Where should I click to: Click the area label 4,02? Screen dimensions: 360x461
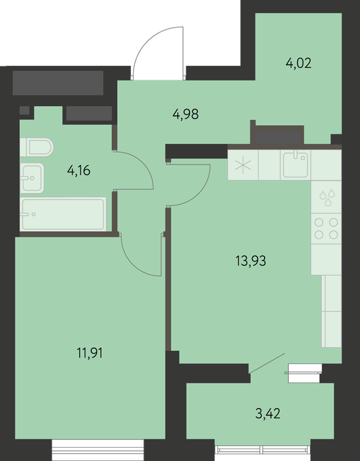tap(298, 63)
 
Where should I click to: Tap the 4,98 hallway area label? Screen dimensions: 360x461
tap(186, 114)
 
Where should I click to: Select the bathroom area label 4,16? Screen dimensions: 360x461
tap(79, 170)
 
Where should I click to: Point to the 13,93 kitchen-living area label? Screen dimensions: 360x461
tap(251, 261)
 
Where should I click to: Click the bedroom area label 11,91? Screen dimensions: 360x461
tap(90, 353)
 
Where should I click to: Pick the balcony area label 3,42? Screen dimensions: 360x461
tap(268, 414)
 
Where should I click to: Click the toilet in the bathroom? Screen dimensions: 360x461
tap(37, 147)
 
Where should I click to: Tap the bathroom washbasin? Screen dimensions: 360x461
tap(32, 178)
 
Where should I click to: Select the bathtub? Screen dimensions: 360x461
tap(63, 214)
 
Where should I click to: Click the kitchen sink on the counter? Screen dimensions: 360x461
tap(296, 165)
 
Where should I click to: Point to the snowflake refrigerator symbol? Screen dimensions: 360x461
tap(243, 165)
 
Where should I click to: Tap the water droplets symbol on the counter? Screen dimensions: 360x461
tap(327, 198)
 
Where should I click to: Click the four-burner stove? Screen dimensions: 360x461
tap(326, 229)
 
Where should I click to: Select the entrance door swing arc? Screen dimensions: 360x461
tap(147, 41)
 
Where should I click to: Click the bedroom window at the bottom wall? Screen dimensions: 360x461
tap(98, 450)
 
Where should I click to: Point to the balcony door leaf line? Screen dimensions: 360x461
tap(267, 364)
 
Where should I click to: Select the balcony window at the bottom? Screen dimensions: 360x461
tap(263, 450)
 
